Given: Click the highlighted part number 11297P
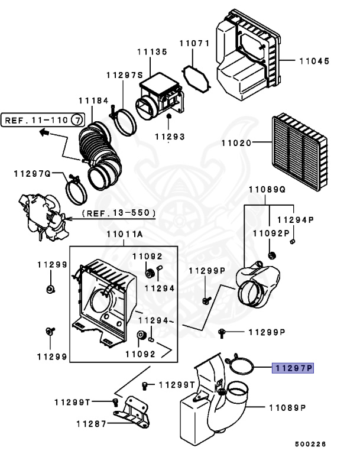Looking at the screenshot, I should click(293, 368).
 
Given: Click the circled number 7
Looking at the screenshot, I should click(77, 120).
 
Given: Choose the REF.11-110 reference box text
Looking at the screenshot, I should click(37, 120).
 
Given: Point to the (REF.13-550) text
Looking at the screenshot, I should click(119, 212).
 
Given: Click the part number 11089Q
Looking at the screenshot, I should click(266, 190).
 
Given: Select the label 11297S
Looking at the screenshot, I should click(125, 75).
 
